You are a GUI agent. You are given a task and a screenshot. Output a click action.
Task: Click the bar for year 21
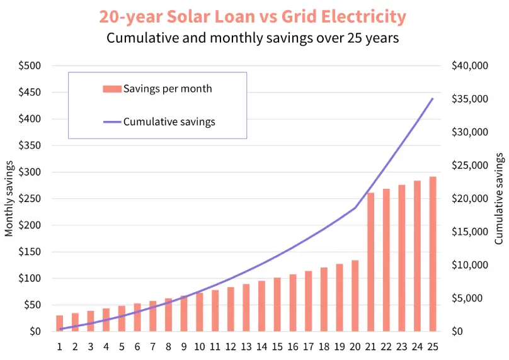point(371,262)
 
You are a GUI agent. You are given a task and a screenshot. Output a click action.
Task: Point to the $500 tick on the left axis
point(29,65)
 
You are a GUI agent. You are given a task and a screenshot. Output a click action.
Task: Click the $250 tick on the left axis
point(29,198)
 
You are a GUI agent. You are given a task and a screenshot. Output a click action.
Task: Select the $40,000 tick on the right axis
point(470,65)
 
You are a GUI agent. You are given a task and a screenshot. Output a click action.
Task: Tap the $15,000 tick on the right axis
point(470,232)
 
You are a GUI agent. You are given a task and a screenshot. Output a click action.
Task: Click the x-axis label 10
point(199,346)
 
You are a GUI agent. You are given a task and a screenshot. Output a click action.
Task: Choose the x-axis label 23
point(401,346)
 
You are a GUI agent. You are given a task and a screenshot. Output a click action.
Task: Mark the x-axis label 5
point(122,346)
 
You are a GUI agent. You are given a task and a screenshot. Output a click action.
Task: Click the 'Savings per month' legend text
point(168,89)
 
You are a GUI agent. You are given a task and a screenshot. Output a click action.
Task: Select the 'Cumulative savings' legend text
point(169,121)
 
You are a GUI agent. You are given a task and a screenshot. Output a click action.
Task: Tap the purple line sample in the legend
point(112,121)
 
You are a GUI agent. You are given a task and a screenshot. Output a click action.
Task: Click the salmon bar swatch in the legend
point(112,89)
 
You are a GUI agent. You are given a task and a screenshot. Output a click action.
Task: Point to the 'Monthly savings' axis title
point(9,198)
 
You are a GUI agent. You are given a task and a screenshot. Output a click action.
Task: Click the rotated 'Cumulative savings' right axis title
point(499,198)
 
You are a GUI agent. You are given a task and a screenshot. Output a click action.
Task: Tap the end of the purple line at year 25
point(433,99)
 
